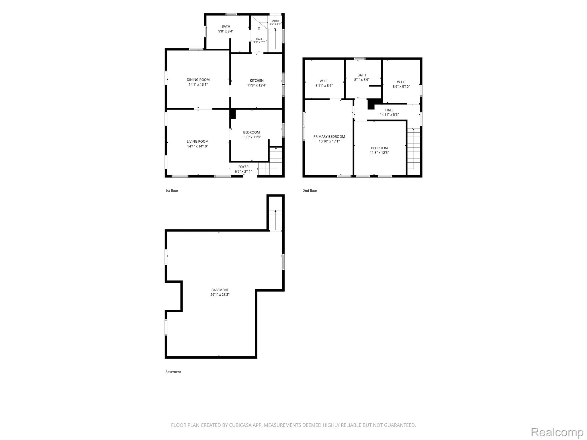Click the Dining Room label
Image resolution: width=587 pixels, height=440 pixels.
[198, 80]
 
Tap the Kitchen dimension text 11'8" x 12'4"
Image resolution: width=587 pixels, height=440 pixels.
[257, 85]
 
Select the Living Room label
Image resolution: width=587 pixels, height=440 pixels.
[197, 141]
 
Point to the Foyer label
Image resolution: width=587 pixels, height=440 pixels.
[243, 167]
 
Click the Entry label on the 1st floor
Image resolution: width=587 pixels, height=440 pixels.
[275, 21]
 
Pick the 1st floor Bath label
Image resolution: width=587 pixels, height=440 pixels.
[226, 26]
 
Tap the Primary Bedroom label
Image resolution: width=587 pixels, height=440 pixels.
[329, 137]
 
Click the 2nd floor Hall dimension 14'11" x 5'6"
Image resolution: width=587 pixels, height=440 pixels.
[389, 115]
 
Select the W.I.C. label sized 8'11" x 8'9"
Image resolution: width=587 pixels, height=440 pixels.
[324, 81]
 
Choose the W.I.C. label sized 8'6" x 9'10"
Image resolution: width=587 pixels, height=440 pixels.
[401, 82]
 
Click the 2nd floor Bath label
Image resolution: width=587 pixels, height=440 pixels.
[362, 75]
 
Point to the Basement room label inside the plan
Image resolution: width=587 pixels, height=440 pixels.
[220, 290]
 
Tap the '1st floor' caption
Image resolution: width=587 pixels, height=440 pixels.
[172, 190]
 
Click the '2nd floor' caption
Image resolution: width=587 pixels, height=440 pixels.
[310, 190]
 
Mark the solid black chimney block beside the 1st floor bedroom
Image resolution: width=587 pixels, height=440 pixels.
[233, 114]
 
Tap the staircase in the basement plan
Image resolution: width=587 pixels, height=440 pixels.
[275, 220]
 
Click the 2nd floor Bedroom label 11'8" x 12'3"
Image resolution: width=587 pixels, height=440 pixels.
[379, 148]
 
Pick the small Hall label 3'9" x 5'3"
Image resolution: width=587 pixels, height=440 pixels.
[259, 39]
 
